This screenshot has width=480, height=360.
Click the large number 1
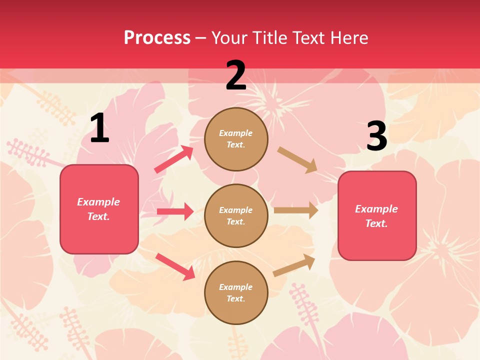pyautogui.click(x=99, y=128)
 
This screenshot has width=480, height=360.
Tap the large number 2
pyautogui.click(x=236, y=75)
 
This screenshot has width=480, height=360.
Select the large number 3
pyautogui.click(x=376, y=136)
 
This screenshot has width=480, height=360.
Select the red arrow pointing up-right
pyautogui.click(x=174, y=159)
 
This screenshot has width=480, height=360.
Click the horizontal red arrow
pyautogui.click(x=175, y=211)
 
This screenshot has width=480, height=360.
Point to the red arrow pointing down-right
pyautogui.click(x=175, y=266)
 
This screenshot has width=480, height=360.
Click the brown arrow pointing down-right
pyautogui.click(x=297, y=160)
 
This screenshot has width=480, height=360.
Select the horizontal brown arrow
pyautogui.click(x=296, y=210)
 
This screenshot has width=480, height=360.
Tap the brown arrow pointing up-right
pyautogui.click(x=294, y=265)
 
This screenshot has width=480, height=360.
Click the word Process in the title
pyautogui.click(x=157, y=37)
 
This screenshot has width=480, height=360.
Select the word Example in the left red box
pyautogui.click(x=98, y=202)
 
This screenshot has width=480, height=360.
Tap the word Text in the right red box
pyautogui.click(x=376, y=223)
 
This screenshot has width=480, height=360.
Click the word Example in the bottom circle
pyautogui.click(x=236, y=287)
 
